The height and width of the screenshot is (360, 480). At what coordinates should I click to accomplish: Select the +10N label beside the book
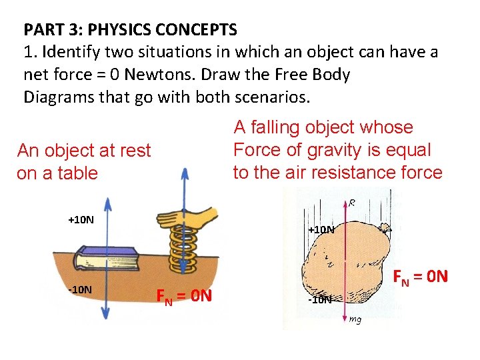[x=81, y=220]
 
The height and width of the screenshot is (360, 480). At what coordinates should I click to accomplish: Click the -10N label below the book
[x=81, y=290]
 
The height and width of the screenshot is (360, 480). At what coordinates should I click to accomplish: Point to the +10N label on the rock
[x=321, y=230]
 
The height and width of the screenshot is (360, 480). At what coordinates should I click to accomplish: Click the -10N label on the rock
[x=319, y=300]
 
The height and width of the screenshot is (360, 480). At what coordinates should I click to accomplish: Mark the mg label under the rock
[x=355, y=319]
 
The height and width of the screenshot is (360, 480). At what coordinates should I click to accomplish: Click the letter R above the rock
[x=351, y=201]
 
